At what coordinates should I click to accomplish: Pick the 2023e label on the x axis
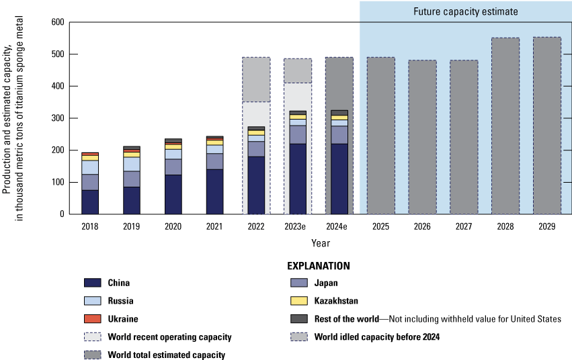tap(298, 226)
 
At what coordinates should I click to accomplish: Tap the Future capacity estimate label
tap(465, 11)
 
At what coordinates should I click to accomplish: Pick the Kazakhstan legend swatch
tap(297, 301)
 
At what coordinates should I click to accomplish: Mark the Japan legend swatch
tap(297, 283)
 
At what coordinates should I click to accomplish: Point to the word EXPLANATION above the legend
tap(319, 266)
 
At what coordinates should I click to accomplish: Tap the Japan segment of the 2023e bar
tap(298, 134)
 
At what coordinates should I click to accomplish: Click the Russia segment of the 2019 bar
tap(131, 164)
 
